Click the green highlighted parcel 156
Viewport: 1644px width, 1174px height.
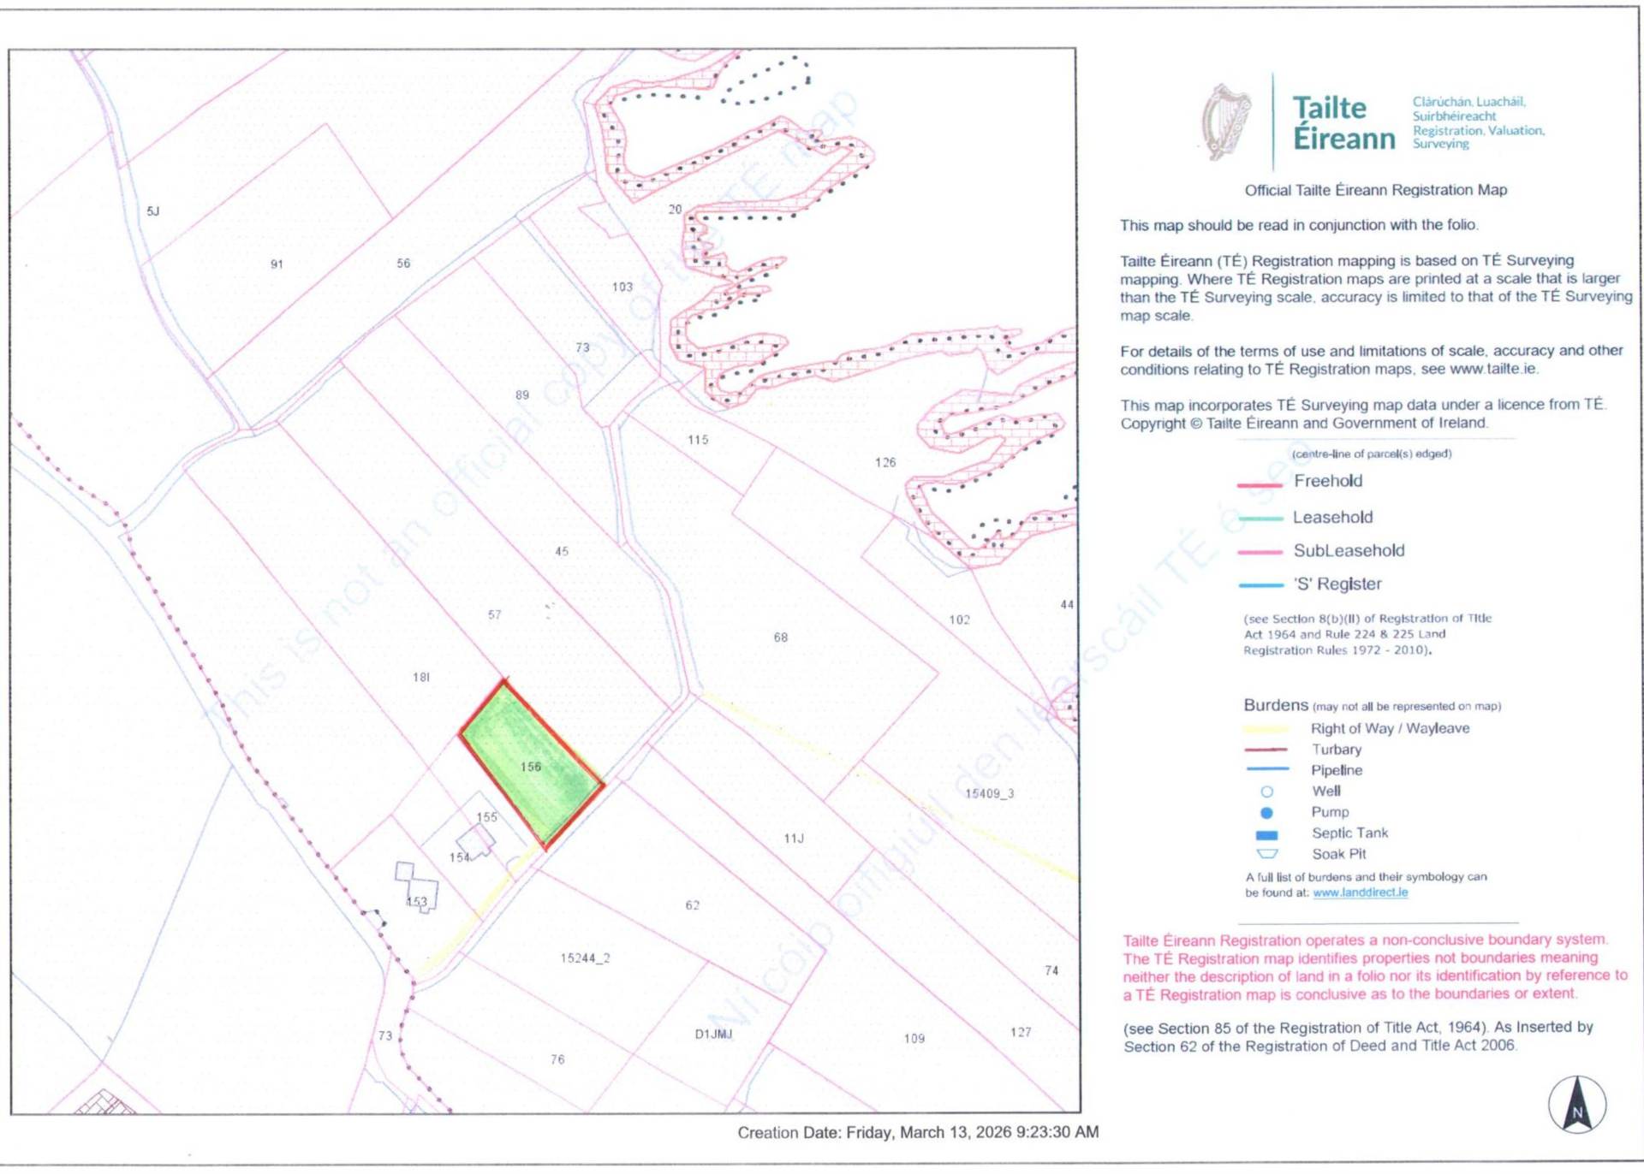pyautogui.click(x=531, y=762)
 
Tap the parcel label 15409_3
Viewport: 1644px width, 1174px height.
pyautogui.click(x=989, y=794)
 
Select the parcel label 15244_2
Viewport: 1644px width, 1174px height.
pyautogui.click(x=585, y=958)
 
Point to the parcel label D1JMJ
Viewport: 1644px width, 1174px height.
pyautogui.click(x=713, y=1035)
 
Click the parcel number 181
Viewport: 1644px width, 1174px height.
pyautogui.click(x=421, y=678)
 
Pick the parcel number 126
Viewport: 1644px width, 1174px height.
pyautogui.click(x=885, y=463)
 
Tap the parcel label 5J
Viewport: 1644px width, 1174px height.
pyautogui.click(x=153, y=211)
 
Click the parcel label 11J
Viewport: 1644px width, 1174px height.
pyautogui.click(x=794, y=839)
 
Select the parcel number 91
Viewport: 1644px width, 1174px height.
pyautogui.click(x=277, y=264)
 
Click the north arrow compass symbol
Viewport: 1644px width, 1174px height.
pyautogui.click(x=1576, y=1105)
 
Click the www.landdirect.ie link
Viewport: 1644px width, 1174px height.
pyautogui.click(x=1360, y=892)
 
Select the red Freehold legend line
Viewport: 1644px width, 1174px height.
pyautogui.click(x=1259, y=485)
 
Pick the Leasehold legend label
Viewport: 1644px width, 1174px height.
pyautogui.click(x=1332, y=518)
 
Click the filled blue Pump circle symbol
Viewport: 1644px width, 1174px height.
pyautogui.click(x=1266, y=813)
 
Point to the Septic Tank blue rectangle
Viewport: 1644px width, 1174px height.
pyautogui.click(x=1266, y=835)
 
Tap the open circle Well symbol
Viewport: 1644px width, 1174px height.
pyautogui.click(x=1266, y=792)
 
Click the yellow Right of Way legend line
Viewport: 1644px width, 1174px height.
pyautogui.click(x=1265, y=730)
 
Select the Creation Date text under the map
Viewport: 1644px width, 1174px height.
pyautogui.click(x=918, y=1133)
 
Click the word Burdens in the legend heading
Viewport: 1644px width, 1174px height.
pyautogui.click(x=1276, y=705)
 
